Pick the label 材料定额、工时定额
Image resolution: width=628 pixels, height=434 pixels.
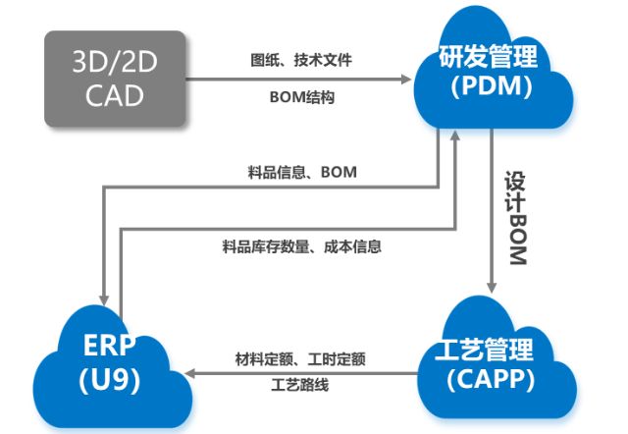coord(300,359)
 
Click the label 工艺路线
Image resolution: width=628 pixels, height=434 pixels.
coord(300,384)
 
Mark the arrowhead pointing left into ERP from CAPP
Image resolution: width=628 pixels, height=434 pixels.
coord(194,372)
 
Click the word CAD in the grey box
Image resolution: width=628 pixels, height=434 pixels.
coord(115,95)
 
